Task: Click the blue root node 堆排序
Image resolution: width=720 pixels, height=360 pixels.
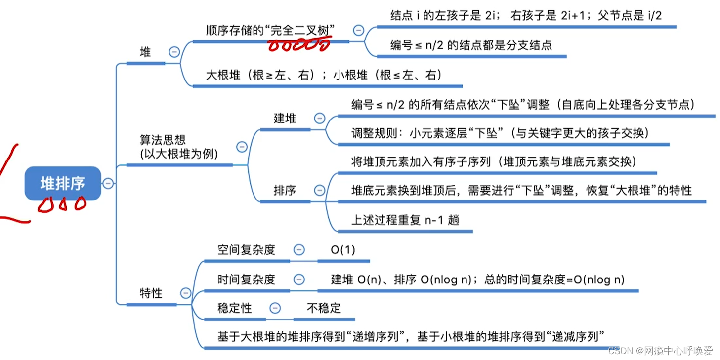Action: pos(63,183)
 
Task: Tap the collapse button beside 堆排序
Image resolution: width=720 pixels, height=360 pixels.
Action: pos(108,184)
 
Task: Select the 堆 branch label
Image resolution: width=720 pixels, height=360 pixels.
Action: pos(145,52)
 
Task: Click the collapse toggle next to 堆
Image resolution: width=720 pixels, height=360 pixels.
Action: pos(174,52)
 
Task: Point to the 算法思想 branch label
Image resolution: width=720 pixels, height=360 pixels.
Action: pos(179,147)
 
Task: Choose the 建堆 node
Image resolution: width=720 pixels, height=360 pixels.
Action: pos(285,119)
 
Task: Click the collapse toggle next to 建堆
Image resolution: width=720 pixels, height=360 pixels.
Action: pos(320,119)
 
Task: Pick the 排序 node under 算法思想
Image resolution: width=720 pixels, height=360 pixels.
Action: pos(285,191)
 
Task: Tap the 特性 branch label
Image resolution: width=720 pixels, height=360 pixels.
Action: pos(151,293)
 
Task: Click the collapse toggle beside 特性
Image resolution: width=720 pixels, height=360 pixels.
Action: pos(186,293)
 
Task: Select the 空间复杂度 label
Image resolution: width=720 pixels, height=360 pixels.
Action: pos(246,250)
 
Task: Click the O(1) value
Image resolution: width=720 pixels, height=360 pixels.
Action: pos(343,250)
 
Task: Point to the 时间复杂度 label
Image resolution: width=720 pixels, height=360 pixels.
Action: pos(246,280)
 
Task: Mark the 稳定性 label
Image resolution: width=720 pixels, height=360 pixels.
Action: pos(235,308)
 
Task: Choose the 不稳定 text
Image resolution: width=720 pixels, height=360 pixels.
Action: pos(324,308)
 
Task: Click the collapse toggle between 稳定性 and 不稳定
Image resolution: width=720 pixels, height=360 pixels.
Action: pos(275,308)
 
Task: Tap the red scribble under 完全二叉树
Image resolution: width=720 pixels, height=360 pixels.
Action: pos(299,46)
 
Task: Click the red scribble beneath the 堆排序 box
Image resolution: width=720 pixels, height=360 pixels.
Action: pos(62,204)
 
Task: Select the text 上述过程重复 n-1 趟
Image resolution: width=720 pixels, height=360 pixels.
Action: pos(405,220)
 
